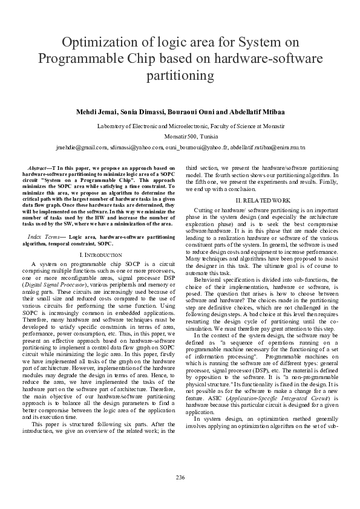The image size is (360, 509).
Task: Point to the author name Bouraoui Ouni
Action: click(195, 112)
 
